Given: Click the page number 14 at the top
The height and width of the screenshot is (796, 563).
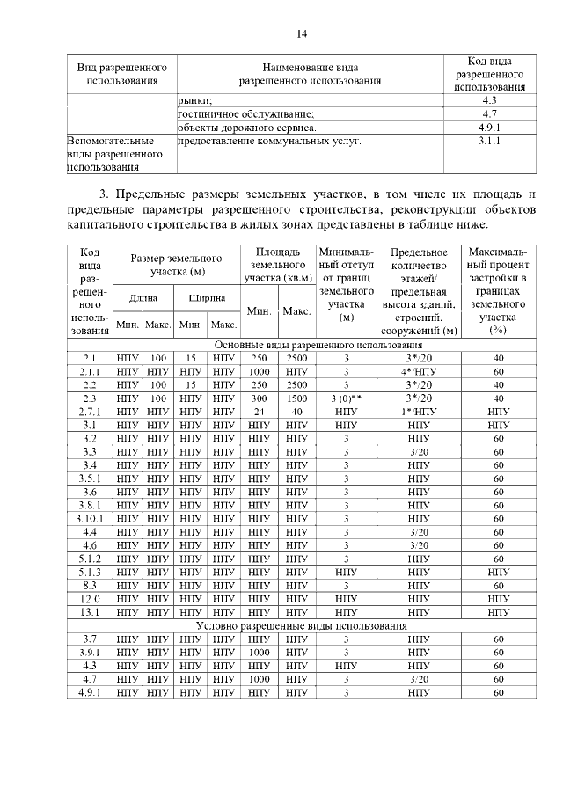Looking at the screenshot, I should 302,34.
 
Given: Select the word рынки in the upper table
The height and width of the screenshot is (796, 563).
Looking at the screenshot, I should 195,100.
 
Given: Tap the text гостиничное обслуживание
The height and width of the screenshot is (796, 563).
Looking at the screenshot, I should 246,114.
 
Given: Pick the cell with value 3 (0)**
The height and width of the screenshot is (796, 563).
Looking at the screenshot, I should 347,398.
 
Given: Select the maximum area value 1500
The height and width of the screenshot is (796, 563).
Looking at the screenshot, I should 296,398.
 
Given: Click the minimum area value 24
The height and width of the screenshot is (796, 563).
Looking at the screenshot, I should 259,412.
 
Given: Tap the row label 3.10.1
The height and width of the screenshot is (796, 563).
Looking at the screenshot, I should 90,518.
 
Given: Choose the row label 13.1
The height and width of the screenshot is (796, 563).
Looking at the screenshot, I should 90,611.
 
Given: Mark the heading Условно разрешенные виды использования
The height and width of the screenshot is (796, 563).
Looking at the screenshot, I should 301,625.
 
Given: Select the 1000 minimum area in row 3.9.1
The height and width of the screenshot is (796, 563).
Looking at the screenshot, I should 259,653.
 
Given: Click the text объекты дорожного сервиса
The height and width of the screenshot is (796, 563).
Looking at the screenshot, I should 247,128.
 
